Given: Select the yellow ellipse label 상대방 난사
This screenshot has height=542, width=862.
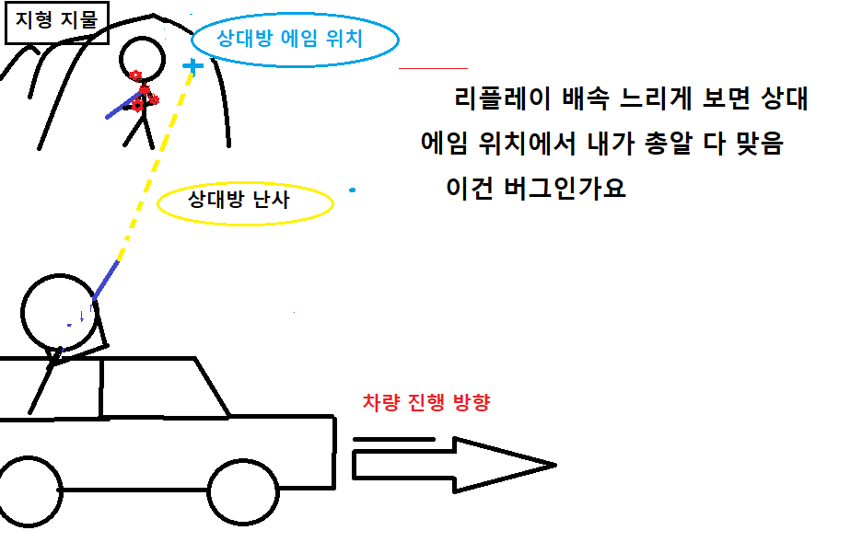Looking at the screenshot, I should pyautogui.click(x=245, y=202).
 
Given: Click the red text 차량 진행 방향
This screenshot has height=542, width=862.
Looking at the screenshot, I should pyautogui.click(x=425, y=403).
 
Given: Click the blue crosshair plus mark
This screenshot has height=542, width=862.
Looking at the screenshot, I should pyautogui.click(x=192, y=66).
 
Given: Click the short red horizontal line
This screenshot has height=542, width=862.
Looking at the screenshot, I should pyautogui.click(x=433, y=68).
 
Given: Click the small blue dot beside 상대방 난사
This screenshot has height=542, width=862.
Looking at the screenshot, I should pyautogui.click(x=353, y=190).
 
